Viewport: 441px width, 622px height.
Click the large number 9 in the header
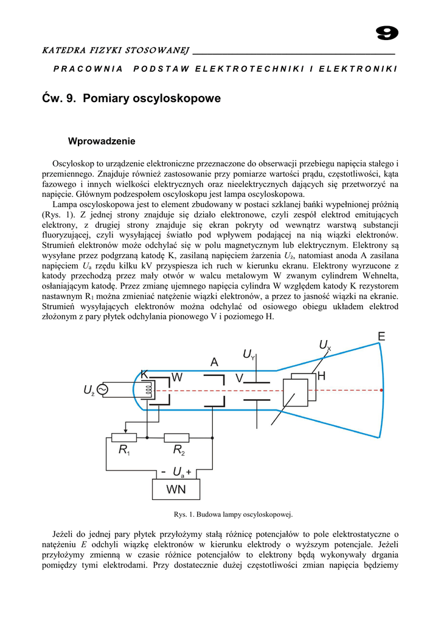[x=387, y=34]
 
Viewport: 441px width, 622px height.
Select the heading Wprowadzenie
[x=102, y=142]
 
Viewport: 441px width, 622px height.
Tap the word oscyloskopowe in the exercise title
[x=178, y=98]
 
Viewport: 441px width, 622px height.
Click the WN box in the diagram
[x=176, y=488]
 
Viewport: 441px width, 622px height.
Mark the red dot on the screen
[x=383, y=390]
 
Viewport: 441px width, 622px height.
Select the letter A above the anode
[x=214, y=362]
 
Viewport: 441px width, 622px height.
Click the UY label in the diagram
[x=248, y=354]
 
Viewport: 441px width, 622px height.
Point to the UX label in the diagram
[x=325, y=346]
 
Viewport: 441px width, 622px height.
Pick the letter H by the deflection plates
[x=321, y=377]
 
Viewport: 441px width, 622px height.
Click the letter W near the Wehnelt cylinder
[x=177, y=377]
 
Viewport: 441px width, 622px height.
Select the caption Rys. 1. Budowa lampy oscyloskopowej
[x=234, y=515]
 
